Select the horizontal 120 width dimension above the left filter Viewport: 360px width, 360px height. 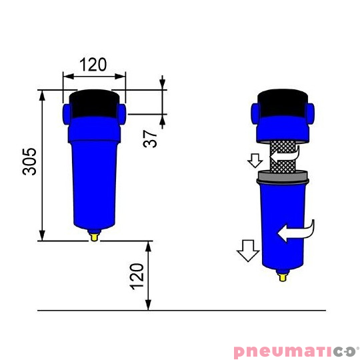click(93, 65)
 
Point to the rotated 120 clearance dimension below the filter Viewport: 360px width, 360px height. click(136, 275)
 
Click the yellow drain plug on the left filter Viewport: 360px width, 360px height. click(94, 235)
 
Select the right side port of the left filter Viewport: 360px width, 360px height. click(121, 112)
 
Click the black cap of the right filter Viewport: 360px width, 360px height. click(283, 101)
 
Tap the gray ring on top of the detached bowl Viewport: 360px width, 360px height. click(283, 177)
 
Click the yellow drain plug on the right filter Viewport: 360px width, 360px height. click(283, 274)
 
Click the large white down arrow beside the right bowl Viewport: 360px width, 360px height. click(247, 251)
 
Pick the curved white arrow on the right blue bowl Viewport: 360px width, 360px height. click(294, 231)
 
